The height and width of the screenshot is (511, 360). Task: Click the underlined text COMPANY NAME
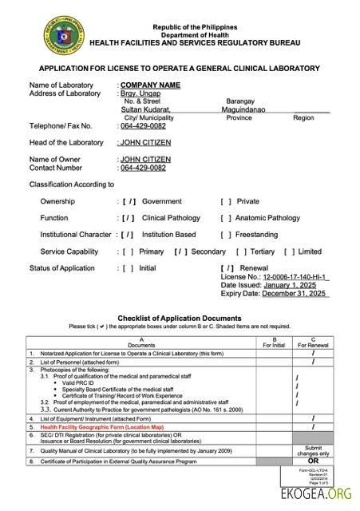pyautogui.click(x=148, y=85)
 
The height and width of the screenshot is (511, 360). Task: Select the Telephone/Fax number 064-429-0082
pyautogui.click(x=143, y=126)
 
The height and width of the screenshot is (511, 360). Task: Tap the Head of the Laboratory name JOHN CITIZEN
pyautogui.click(x=145, y=143)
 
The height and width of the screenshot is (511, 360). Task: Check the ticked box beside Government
pyautogui.click(x=129, y=202)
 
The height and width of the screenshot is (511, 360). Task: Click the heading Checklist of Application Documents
pyautogui.click(x=179, y=318)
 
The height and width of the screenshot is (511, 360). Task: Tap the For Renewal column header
pyautogui.click(x=313, y=345)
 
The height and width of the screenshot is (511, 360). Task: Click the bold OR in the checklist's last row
pyautogui.click(x=313, y=461)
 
